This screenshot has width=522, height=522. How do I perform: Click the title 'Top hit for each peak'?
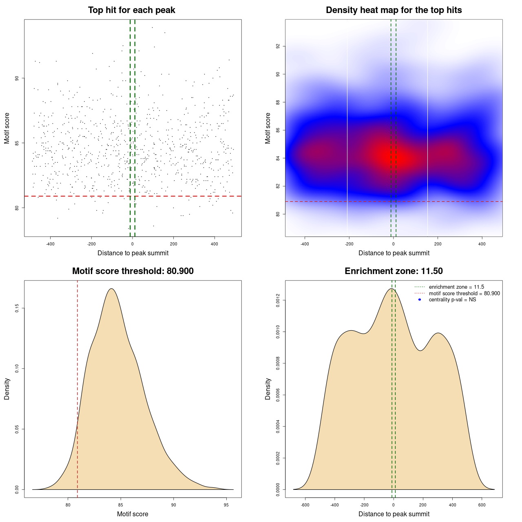[131, 10]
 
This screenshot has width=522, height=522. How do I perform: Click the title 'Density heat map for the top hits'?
[394, 10]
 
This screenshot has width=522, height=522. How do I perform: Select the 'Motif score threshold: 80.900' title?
[133, 271]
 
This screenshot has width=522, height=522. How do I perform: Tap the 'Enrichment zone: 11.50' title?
[394, 271]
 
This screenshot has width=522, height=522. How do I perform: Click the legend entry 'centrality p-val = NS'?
[452, 300]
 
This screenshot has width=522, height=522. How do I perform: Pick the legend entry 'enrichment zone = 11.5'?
[456, 287]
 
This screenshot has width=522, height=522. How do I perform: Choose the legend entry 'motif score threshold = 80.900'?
[464, 294]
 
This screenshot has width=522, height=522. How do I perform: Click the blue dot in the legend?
[420, 300]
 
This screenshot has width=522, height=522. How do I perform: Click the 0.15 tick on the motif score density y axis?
[17, 309]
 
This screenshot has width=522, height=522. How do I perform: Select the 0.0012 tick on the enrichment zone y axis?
[278, 301]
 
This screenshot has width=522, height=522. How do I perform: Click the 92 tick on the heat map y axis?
[278, 46]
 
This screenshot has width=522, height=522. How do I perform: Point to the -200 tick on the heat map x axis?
[349, 244]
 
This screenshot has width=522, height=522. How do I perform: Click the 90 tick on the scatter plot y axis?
[17, 78]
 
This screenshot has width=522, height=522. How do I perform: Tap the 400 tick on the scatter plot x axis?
[215, 244]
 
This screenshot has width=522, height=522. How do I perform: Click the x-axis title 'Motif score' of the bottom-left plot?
[133, 514]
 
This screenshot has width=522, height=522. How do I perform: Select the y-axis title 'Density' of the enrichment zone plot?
[268, 389]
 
